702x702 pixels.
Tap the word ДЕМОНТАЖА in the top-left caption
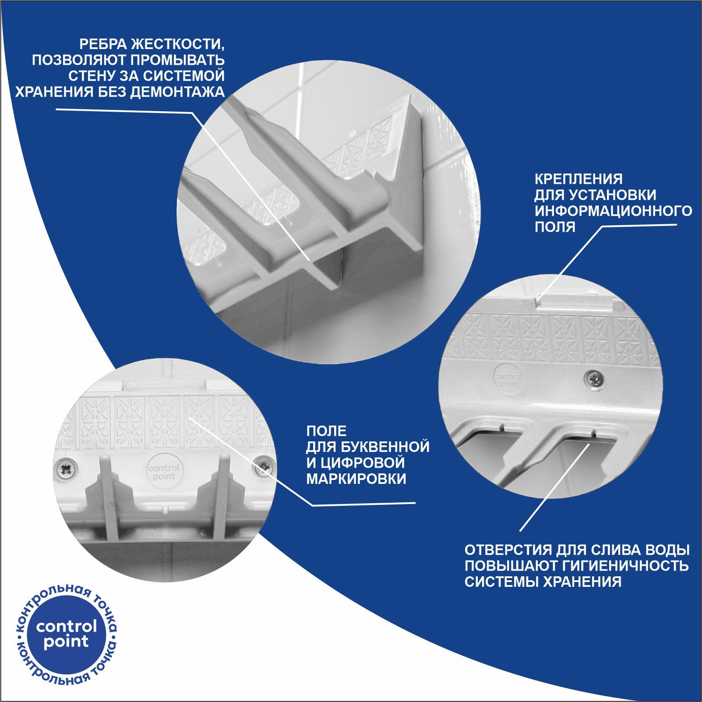pos(177,92)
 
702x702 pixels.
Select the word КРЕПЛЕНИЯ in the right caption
pos(578,179)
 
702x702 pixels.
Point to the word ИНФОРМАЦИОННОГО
pos(613,211)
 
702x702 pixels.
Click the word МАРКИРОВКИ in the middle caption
pos(356,479)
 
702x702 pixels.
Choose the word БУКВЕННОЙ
pos(385,447)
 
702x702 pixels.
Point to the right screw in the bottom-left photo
pos(264,466)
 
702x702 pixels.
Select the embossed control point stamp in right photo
pos(508,378)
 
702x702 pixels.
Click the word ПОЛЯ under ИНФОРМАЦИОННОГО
pos(555,227)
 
